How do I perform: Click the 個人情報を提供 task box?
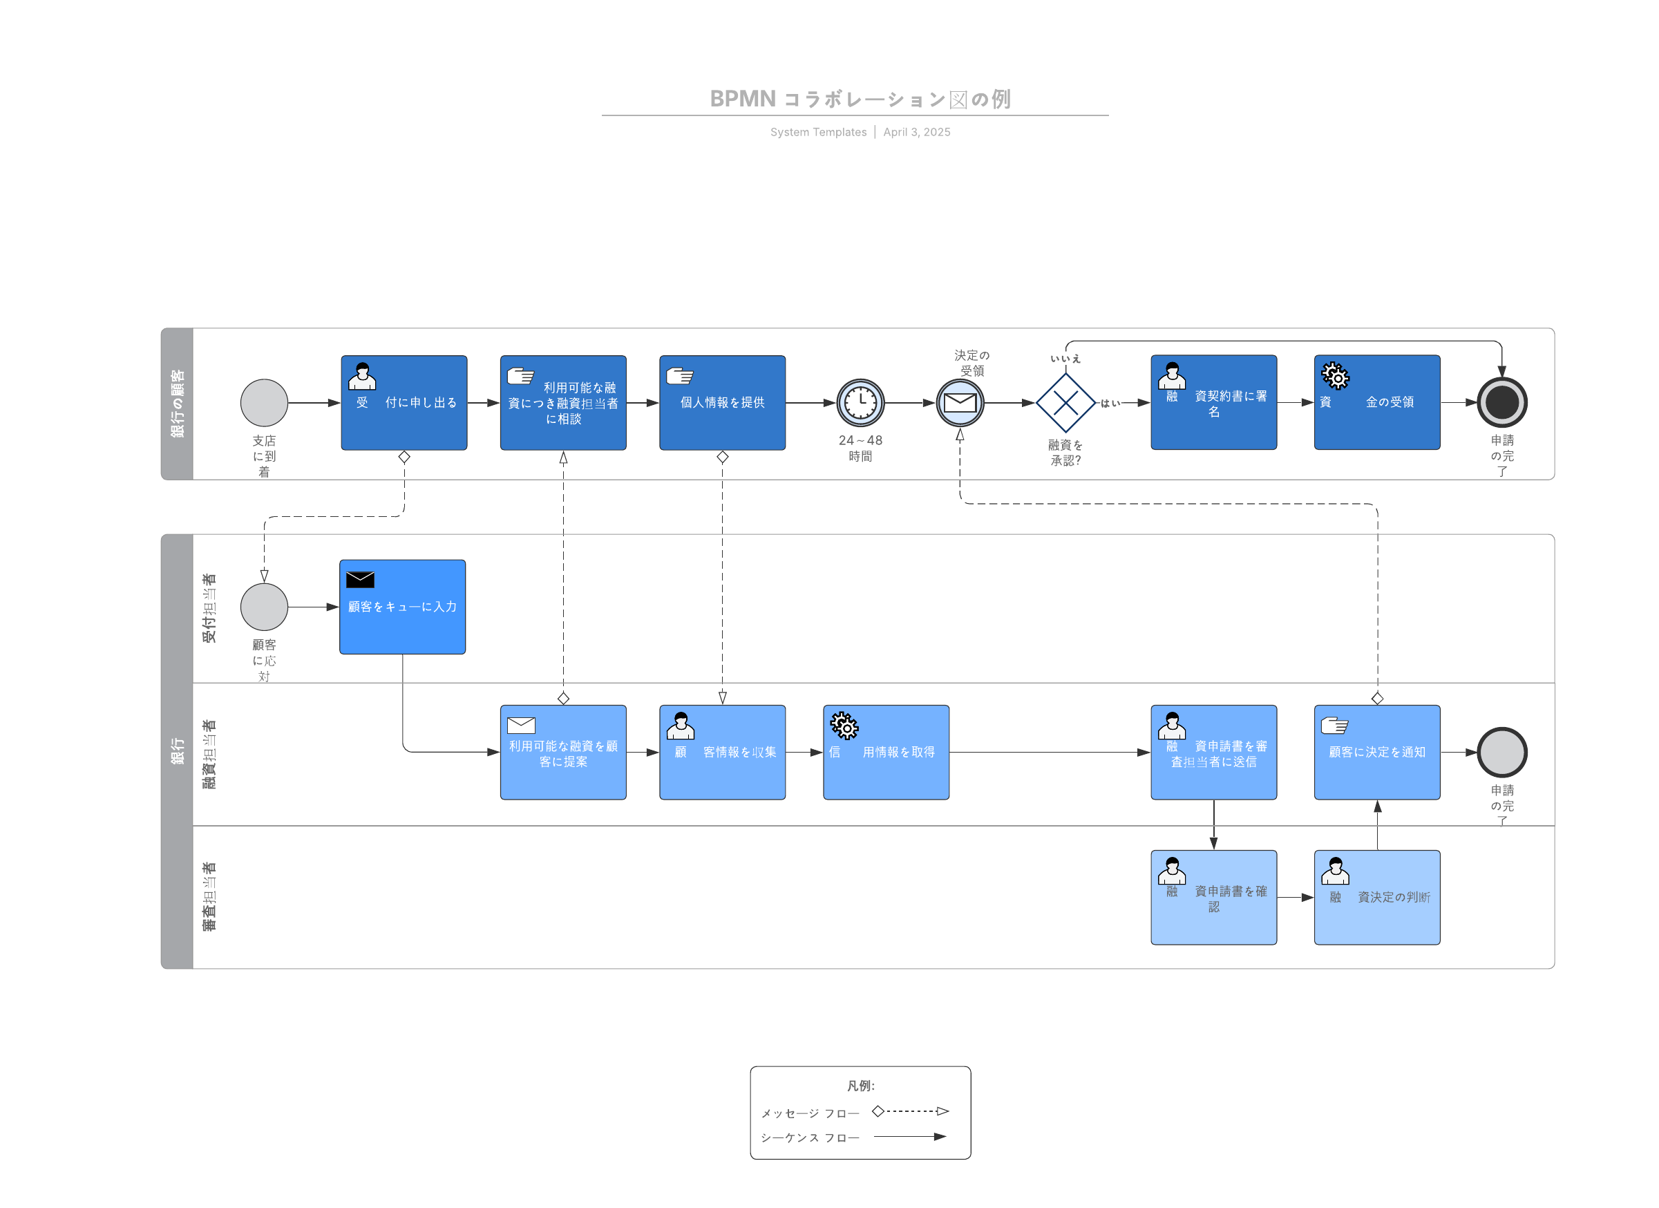pyautogui.click(x=722, y=402)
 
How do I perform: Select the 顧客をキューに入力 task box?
pyautogui.click(x=402, y=607)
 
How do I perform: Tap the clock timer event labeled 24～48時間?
pyautogui.click(x=860, y=402)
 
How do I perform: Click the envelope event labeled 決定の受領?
pyautogui.click(x=960, y=402)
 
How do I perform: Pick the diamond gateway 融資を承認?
pyautogui.click(x=1065, y=402)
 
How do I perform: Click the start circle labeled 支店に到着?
pyautogui.click(x=264, y=402)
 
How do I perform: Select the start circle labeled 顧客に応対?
pyautogui.click(x=264, y=607)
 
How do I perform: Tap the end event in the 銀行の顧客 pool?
pyautogui.click(x=1501, y=402)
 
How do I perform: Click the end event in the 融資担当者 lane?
pyautogui.click(x=1501, y=752)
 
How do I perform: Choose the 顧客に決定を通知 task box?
pyautogui.click(x=1376, y=752)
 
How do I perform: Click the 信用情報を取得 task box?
pyautogui.click(x=886, y=752)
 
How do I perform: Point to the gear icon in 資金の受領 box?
pyautogui.click(x=1335, y=376)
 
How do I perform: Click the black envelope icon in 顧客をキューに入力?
pyautogui.click(x=360, y=580)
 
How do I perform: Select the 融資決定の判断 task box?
pyautogui.click(x=1376, y=897)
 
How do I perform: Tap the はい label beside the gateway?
pyautogui.click(x=1110, y=403)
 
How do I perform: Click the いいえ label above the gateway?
pyautogui.click(x=1065, y=359)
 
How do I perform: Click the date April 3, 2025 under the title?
pyautogui.click(x=916, y=132)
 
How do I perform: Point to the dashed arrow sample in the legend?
pyautogui.click(x=910, y=1111)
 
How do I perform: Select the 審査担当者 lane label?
pyautogui.click(x=209, y=897)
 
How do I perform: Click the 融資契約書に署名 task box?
pyautogui.click(x=1213, y=402)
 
